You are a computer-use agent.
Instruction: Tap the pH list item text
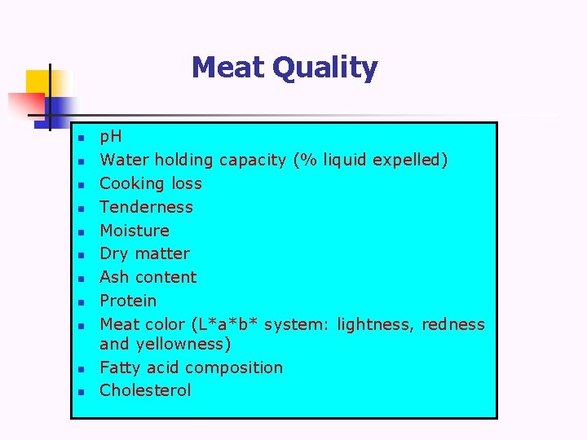pyautogui.click(x=110, y=137)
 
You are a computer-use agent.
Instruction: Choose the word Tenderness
pyautogui.click(x=146, y=207)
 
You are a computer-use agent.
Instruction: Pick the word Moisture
pyautogui.click(x=135, y=231)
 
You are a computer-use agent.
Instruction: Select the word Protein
pyautogui.click(x=128, y=301)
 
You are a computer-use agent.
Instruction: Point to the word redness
pyautogui.click(x=452, y=324)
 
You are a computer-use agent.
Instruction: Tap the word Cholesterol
pyautogui.click(x=145, y=390)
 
